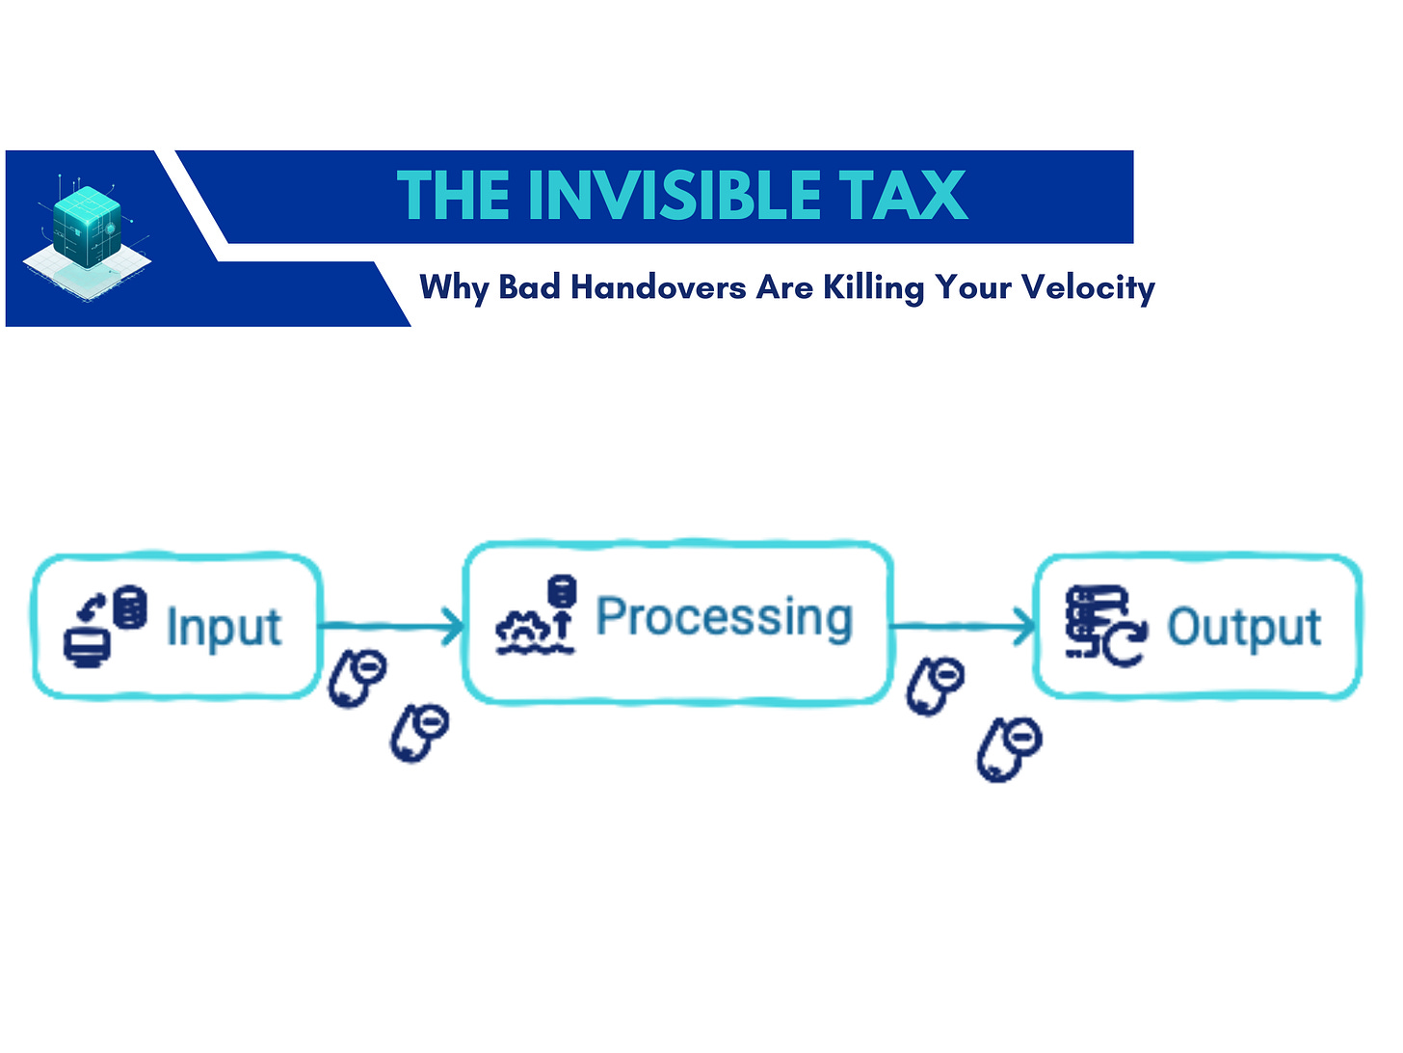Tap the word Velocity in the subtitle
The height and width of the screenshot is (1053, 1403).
pos(1088,287)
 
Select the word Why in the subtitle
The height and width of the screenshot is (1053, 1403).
pos(454,287)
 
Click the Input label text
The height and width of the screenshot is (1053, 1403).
pos(224,628)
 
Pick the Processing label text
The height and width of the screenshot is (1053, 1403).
pos(725,617)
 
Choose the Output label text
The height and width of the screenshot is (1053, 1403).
pos(1244,628)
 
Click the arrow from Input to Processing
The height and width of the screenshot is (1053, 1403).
pos(392,627)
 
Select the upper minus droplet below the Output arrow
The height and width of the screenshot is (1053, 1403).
pos(936,686)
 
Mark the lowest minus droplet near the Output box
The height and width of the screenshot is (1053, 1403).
pos(1009,748)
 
